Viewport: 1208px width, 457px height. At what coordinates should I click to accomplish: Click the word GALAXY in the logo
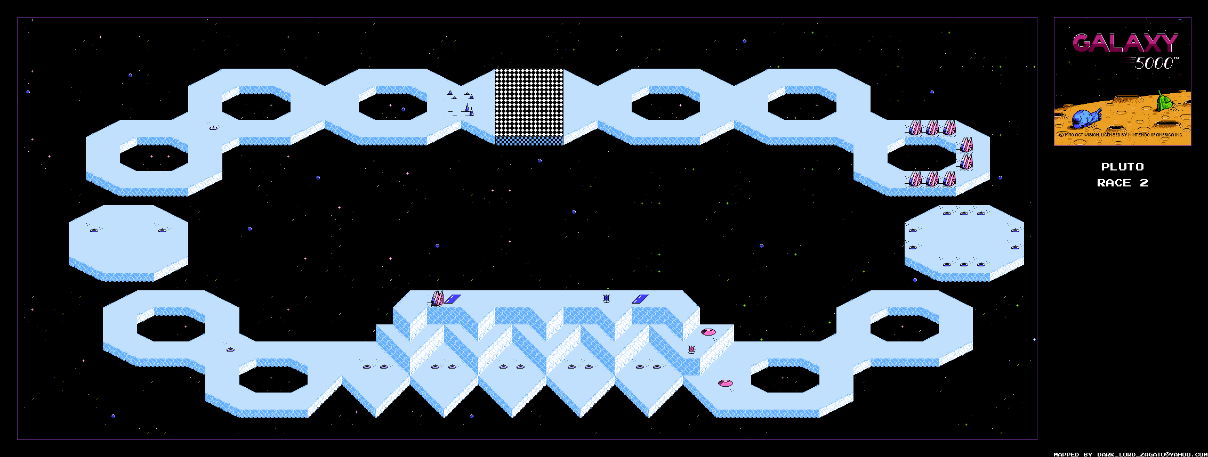[1125, 43]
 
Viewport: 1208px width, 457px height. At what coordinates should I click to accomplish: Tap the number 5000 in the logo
[1154, 63]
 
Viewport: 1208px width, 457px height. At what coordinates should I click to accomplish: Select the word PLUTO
[1122, 167]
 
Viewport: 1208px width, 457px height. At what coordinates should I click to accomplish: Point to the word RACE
[1114, 183]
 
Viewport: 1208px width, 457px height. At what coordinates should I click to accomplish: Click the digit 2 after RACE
[1143, 183]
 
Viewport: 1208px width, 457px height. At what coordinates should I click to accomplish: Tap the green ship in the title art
[1164, 100]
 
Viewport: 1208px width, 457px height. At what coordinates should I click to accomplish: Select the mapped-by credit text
[1130, 454]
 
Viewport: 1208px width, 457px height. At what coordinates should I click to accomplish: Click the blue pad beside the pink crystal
[452, 299]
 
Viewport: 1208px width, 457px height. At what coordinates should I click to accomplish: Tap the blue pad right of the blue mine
[640, 299]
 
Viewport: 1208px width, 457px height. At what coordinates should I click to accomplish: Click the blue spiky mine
[606, 298]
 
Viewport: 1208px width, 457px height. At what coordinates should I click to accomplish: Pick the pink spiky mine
[691, 349]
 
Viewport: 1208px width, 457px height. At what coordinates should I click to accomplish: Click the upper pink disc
[708, 332]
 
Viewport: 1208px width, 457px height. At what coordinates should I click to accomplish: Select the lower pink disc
[725, 383]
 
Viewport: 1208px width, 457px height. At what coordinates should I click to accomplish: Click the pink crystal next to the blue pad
[437, 297]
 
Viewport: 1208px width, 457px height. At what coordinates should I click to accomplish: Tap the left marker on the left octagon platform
[94, 230]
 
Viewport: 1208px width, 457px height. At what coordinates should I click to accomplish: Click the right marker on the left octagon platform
[162, 230]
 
